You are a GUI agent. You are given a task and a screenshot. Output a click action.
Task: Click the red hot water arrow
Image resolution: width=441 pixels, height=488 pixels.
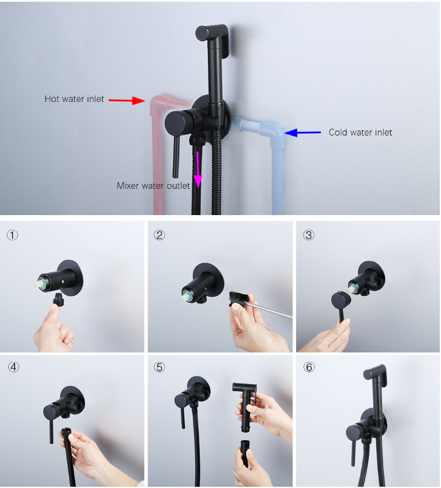pyautogui.click(x=127, y=100)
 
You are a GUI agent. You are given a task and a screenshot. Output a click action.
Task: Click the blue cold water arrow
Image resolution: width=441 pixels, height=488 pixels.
pyautogui.click(x=303, y=132)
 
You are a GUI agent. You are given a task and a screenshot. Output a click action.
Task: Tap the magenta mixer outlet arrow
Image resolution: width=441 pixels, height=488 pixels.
pyautogui.click(x=198, y=170)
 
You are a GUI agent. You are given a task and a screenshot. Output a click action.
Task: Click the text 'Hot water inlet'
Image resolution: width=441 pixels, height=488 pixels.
pyautogui.click(x=74, y=99)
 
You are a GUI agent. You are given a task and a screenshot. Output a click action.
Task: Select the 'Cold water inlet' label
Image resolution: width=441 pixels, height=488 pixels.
pyautogui.click(x=360, y=132)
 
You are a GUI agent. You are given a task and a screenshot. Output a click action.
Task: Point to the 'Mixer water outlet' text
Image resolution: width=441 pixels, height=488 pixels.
pyautogui.click(x=153, y=186)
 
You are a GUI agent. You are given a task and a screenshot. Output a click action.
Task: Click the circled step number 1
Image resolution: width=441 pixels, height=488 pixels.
pyautogui.click(x=12, y=235)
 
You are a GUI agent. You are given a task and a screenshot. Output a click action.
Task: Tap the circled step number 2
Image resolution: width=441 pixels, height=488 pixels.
pyautogui.click(x=159, y=235)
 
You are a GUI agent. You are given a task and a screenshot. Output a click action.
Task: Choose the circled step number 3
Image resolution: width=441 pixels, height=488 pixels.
pyautogui.click(x=309, y=235)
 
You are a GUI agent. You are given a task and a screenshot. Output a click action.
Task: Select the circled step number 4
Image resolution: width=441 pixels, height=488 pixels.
pyautogui.click(x=14, y=367)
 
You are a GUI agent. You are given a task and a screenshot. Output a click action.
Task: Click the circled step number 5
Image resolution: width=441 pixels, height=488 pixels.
pyautogui.click(x=159, y=367)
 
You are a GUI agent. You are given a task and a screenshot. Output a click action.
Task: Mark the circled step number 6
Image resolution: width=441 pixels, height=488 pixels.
pyautogui.click(x=309, y=367)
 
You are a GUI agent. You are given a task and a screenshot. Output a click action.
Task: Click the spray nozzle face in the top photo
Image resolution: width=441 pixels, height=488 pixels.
pyautogui.click(x=202, y=33)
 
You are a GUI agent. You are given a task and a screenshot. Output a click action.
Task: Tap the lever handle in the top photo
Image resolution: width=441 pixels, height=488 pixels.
pyautogui.click(x=176, y=156)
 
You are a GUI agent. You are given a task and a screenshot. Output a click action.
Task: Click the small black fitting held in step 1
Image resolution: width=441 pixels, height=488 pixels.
pyautogui.click(x=58, y=299)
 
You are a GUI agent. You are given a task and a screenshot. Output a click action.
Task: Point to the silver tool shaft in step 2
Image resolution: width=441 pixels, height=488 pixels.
pyautogui.click(x=270, y=311)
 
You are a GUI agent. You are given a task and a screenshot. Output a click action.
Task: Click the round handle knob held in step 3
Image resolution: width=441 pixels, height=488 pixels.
pyautogui.click(x=341, y=300)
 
